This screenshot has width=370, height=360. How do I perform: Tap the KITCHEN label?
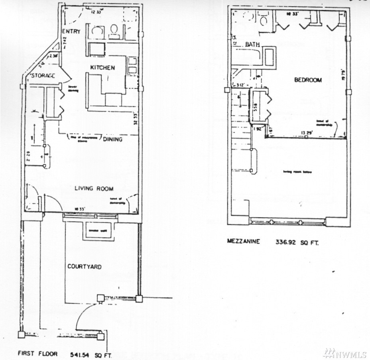pyautogui.click(x=102, y=68)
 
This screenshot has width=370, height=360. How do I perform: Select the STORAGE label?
pyautogui.click(x=43, y=76)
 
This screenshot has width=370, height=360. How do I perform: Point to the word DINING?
pyautogui.click(x=112, y=140)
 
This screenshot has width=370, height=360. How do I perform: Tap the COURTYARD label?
pyautogui.click(x=84, y=266)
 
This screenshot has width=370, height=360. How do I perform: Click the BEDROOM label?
pyautogui.click(x=308, y=80)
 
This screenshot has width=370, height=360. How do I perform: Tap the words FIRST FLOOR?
pyautogui.click(x=38, y=353)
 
